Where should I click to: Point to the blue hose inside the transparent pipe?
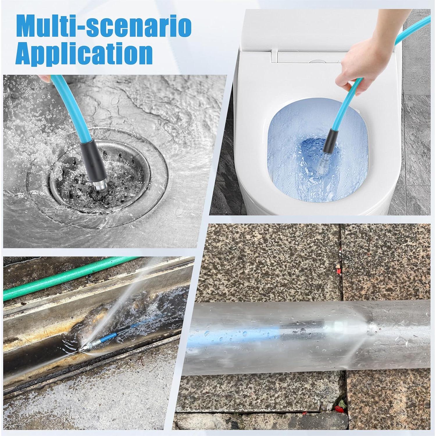coord(262,331)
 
